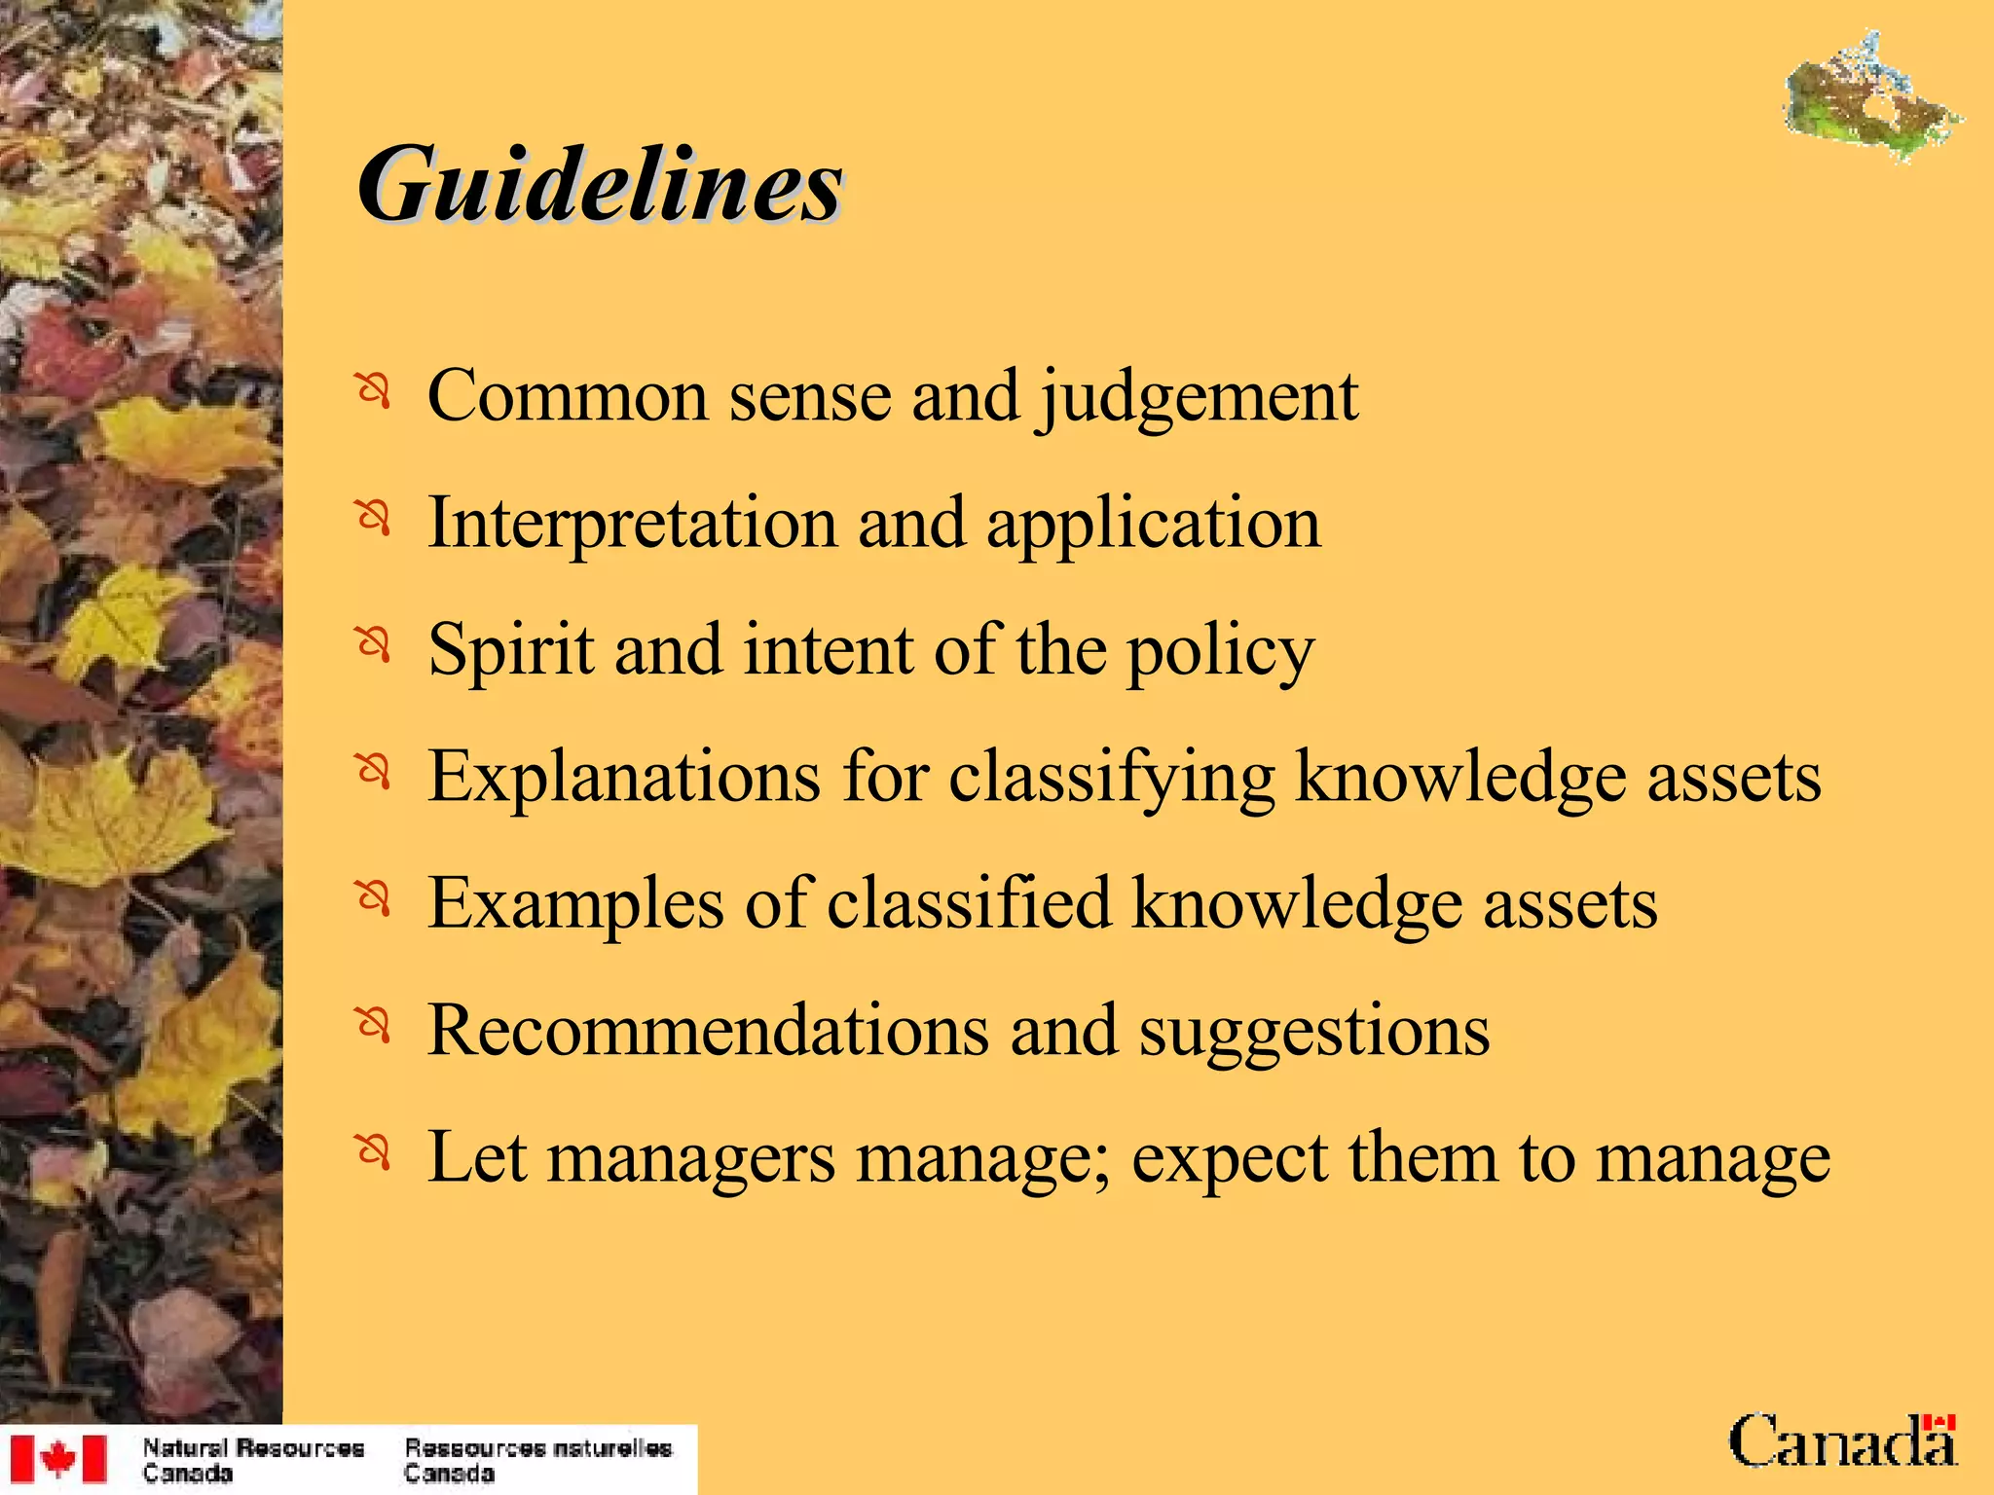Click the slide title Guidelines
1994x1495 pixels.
[599, 185]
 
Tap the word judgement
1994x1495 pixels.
[1198, 399]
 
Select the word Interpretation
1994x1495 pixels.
[633, 524]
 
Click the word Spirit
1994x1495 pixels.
[511, 650]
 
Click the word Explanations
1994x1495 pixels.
[624, 779]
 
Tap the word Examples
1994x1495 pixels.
[576, 905]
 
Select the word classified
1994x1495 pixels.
[969, 903]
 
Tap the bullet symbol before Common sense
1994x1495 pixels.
[373, 391]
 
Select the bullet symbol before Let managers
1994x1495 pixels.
[373, 1152]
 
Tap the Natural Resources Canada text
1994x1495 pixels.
[252, 1460]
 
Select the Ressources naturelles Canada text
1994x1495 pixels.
[537, 1460]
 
